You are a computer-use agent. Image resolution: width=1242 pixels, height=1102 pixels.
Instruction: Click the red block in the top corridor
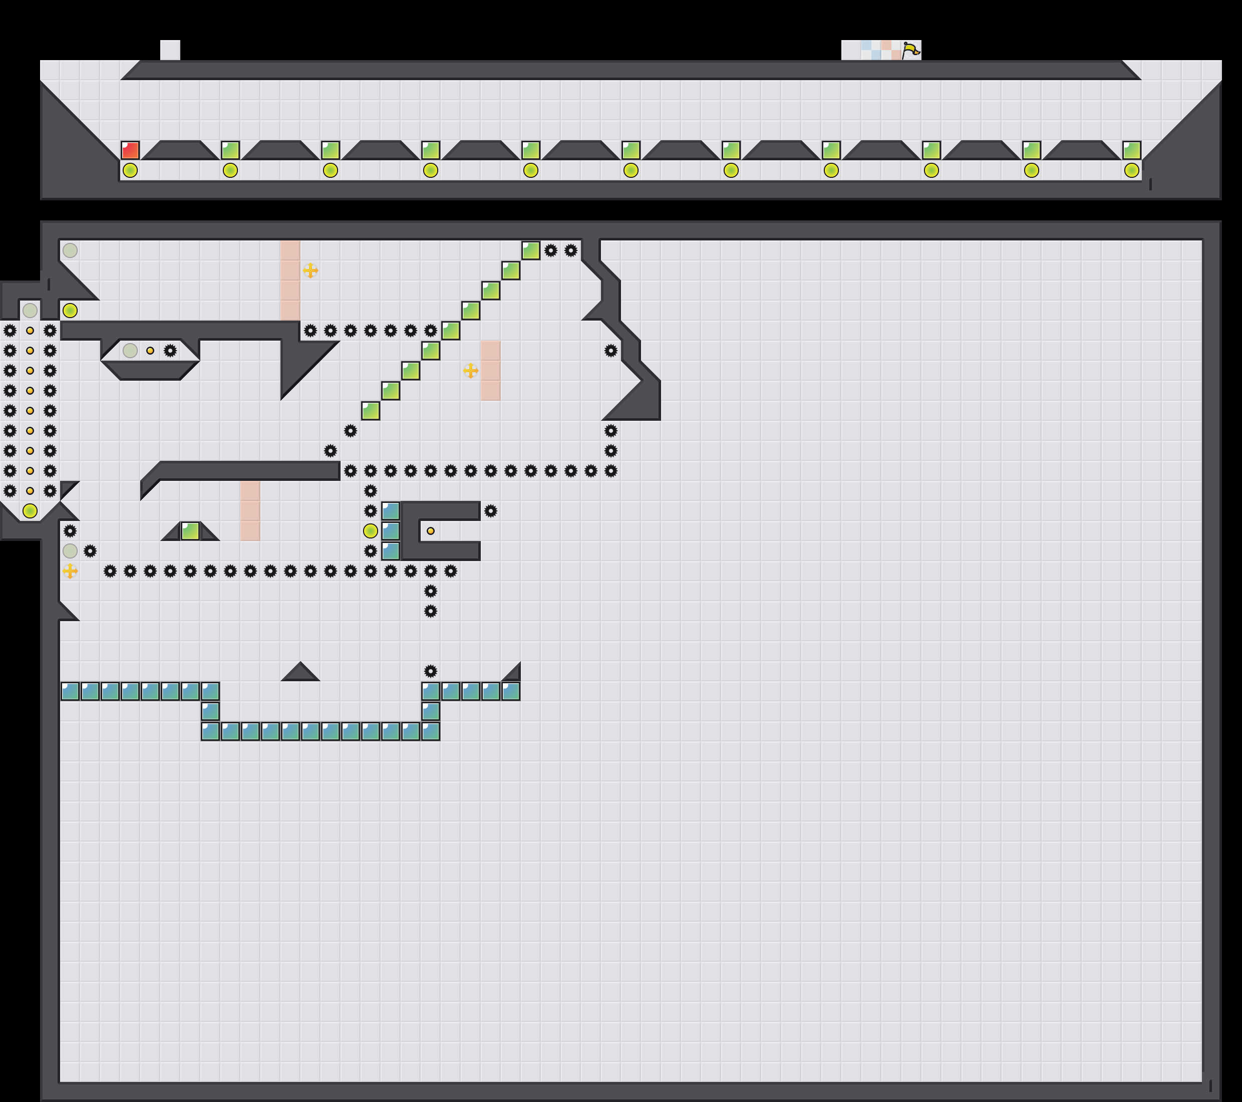(130, 150)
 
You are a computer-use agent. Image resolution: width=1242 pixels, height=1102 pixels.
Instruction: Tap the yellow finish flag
(910, 50)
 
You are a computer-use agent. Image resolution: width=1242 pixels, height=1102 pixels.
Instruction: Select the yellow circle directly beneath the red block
(130, 171)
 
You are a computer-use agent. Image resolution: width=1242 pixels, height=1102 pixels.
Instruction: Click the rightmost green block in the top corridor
(1131, 150)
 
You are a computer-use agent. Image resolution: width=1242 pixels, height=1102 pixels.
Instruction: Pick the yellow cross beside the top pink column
(310, 270)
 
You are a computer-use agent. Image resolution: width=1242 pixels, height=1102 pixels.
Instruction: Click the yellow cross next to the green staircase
(470, 370)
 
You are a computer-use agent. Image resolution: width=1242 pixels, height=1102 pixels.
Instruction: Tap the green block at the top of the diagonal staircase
(530, 250)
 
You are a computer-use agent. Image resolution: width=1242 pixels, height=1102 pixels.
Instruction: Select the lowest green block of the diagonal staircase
(371, 411)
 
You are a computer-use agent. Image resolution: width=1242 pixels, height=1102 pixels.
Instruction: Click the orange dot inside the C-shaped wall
(430, 530)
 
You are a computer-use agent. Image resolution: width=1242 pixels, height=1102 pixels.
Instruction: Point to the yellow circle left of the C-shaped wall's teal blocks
(370, 530)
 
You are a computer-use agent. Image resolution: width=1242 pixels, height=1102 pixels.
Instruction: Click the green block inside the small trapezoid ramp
(190, 530)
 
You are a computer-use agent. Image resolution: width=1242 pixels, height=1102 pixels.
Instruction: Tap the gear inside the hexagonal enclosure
(170, 351)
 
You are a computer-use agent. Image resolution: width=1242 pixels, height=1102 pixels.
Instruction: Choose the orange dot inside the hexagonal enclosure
(150, 351)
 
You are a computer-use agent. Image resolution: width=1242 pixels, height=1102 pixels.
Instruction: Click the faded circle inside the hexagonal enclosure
(130, 351)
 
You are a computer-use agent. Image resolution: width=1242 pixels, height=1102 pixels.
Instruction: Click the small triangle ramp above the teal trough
(300, 673)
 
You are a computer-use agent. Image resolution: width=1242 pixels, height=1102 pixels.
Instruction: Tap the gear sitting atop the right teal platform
(430, 671)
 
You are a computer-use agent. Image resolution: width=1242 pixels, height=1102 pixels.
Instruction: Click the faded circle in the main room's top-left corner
(70, 250)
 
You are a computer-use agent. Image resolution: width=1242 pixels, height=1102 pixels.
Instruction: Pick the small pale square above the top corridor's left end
(170, 50)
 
